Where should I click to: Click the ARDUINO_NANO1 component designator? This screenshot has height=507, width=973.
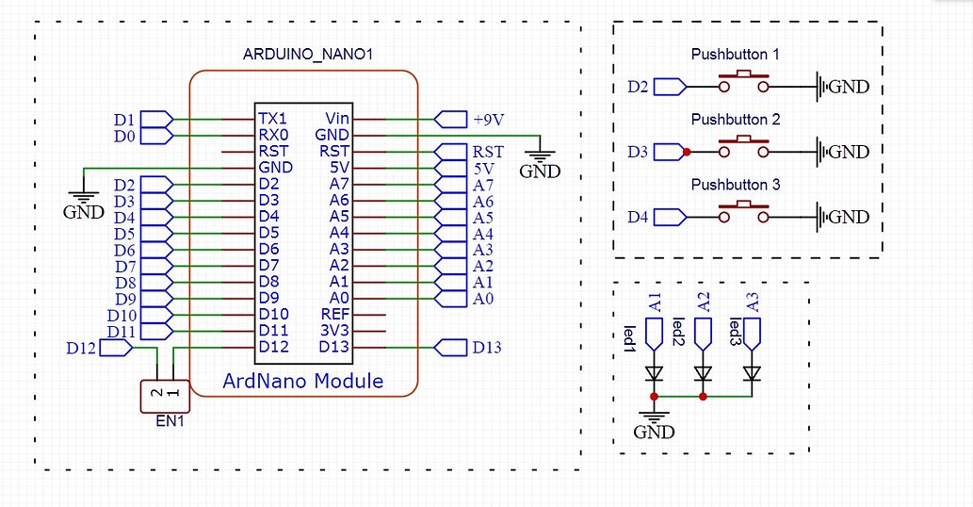point(309,55)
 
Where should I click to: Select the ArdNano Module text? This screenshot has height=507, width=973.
point(302,381)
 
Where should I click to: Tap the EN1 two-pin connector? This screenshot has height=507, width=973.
point(164,394)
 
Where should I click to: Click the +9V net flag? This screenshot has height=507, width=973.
point(452,120)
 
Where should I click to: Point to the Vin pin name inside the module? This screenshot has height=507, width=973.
point(336,120)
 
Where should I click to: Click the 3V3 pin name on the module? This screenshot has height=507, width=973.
point(334,331)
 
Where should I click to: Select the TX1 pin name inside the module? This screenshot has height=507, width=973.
point(272,120)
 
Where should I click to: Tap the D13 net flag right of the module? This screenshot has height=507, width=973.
point(452,348)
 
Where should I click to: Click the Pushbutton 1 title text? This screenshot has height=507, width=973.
point(735,55)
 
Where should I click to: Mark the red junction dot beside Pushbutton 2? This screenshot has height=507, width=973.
point(687,152)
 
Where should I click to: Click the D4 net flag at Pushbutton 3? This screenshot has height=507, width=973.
point(669,217)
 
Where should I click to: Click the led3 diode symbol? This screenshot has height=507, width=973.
point(751,373)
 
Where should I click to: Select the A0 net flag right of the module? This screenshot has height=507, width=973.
point(452,299)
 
